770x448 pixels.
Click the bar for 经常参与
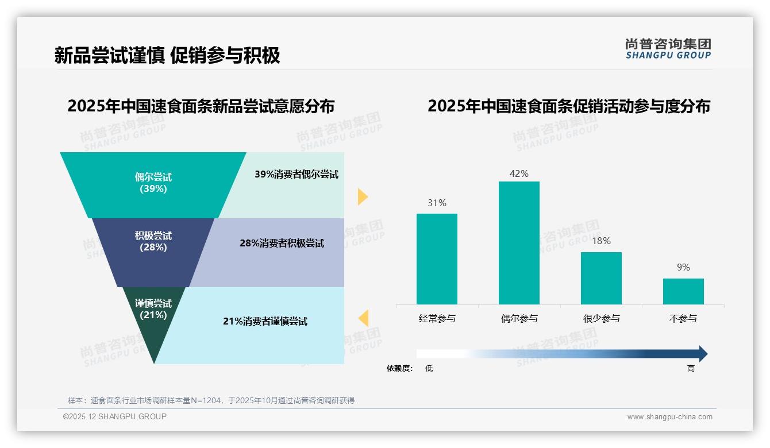[x=437, y=259]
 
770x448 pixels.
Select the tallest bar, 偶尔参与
[x=519, y=243]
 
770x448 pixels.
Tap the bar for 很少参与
[x=601, y=278]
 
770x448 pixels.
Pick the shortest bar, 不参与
[x=683, y=291]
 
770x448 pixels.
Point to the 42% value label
[x=519, y=173]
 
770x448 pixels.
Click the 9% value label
[x=683, y=267]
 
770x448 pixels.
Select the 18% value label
[x=601, y=241]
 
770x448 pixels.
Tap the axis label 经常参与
[x=437, y=318]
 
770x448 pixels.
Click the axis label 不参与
[x=683, y=318]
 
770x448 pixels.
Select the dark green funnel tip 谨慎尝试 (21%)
[x=153, y=322]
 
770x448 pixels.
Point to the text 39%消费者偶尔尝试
[x=297, y=175]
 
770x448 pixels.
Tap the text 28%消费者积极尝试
[x=282, y=244]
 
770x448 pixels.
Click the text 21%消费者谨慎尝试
[x=265, y=322]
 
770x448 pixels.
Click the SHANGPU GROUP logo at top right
[x=668, y=49]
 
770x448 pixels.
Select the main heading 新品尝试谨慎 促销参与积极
[x=167, y=55]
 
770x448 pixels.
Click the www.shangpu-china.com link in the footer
[x=669, y=417]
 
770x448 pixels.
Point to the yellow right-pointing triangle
[x=362, y=196]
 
